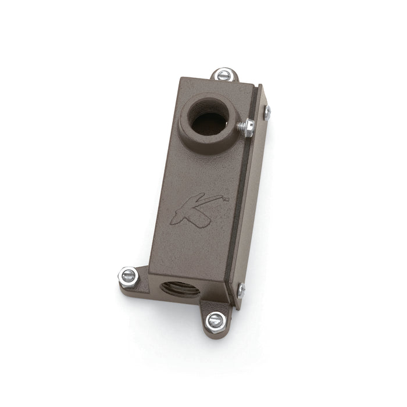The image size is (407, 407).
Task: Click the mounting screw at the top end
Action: (x=224, y=75)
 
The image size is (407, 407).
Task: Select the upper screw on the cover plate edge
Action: (x=267, y=112)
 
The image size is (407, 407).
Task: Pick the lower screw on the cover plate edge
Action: (x=241, y=289)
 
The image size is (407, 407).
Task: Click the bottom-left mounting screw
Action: (x=128, y=276)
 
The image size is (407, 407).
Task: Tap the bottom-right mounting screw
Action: (x=216, y=320)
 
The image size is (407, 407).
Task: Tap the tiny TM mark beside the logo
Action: (x=225, y=199)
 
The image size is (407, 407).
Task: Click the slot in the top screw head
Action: (x=224, y=75)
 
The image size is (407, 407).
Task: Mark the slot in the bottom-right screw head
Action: (x=216, y=320)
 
